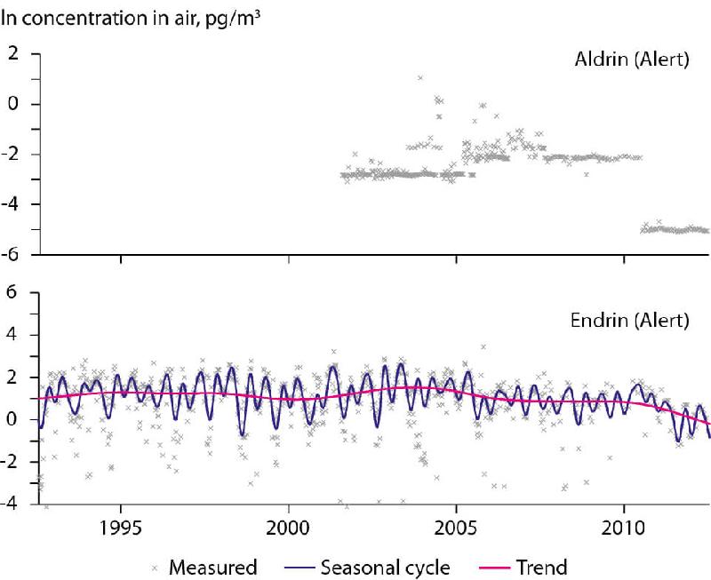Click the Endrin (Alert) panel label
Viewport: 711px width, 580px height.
pyautogui.click(x=638, y=318)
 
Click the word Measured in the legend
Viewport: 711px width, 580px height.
pyautogui.click(x=212, y=567)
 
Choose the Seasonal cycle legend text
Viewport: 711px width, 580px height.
pyautogui.click(x=395, y=567)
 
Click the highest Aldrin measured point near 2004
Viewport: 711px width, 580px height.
pyautogui.click(x=420, y=78)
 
